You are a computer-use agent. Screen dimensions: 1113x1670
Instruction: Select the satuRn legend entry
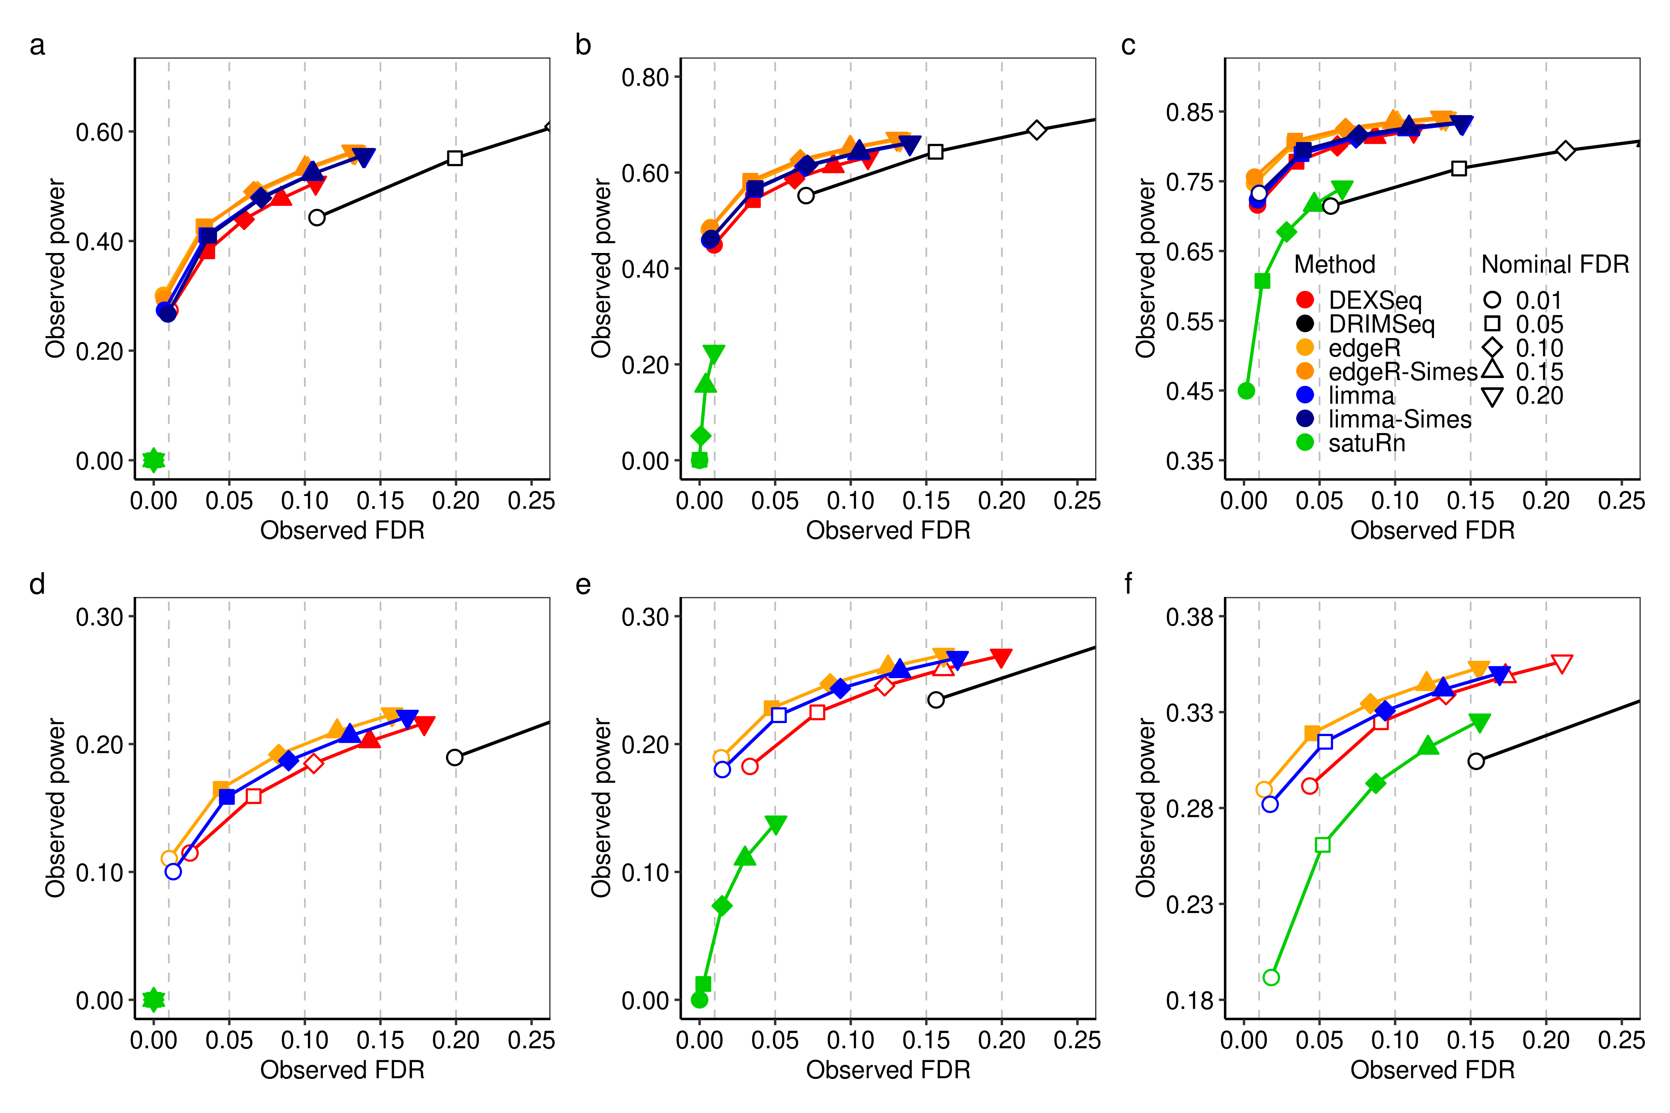coord(1366,443)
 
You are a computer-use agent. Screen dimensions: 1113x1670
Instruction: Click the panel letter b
coord(583,45)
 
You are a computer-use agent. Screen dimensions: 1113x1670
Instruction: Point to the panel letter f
coord(1128,584)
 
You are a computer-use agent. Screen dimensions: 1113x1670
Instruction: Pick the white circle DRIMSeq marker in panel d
coord(454,757)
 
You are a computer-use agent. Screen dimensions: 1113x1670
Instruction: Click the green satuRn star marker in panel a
coord(153,460)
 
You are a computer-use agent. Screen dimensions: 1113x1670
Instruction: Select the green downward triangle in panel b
coord(714,354)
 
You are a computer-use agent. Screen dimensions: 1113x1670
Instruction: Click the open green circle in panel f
coord(1271,978)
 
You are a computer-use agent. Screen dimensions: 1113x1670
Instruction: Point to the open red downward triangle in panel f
coord(1562,663)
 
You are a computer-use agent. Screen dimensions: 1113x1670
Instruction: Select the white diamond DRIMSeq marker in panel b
coord(1037,130)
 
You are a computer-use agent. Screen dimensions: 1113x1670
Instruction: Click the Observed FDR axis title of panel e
coord(888,1070)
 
